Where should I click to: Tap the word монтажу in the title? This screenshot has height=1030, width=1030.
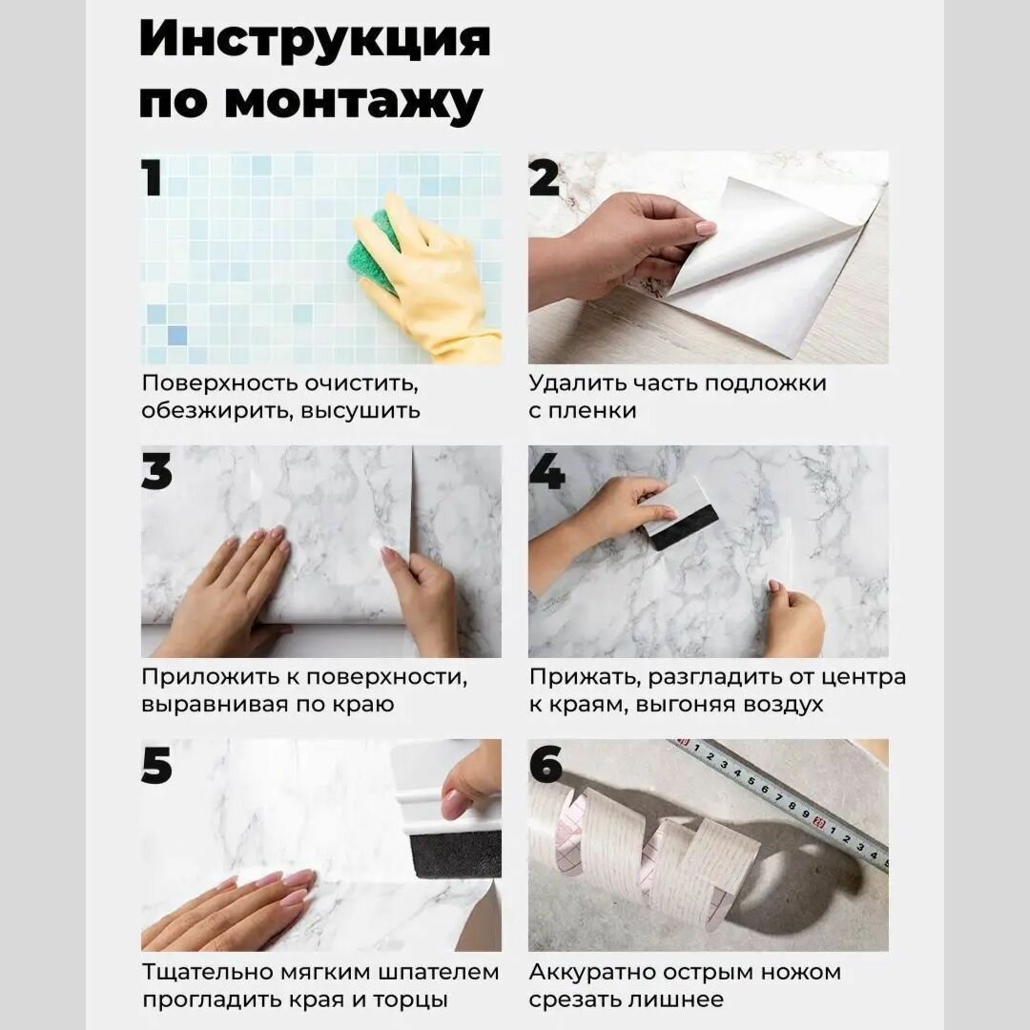(x=354, y=102)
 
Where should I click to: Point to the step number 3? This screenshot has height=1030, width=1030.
(x=157, y=471)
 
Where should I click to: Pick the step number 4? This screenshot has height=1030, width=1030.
(x=546, y=471)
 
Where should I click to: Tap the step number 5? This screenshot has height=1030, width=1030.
(x=157, y=765)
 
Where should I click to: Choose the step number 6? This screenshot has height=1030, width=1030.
(x=546, y=765)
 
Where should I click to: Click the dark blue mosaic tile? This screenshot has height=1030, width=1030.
(x=177, y=336)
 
